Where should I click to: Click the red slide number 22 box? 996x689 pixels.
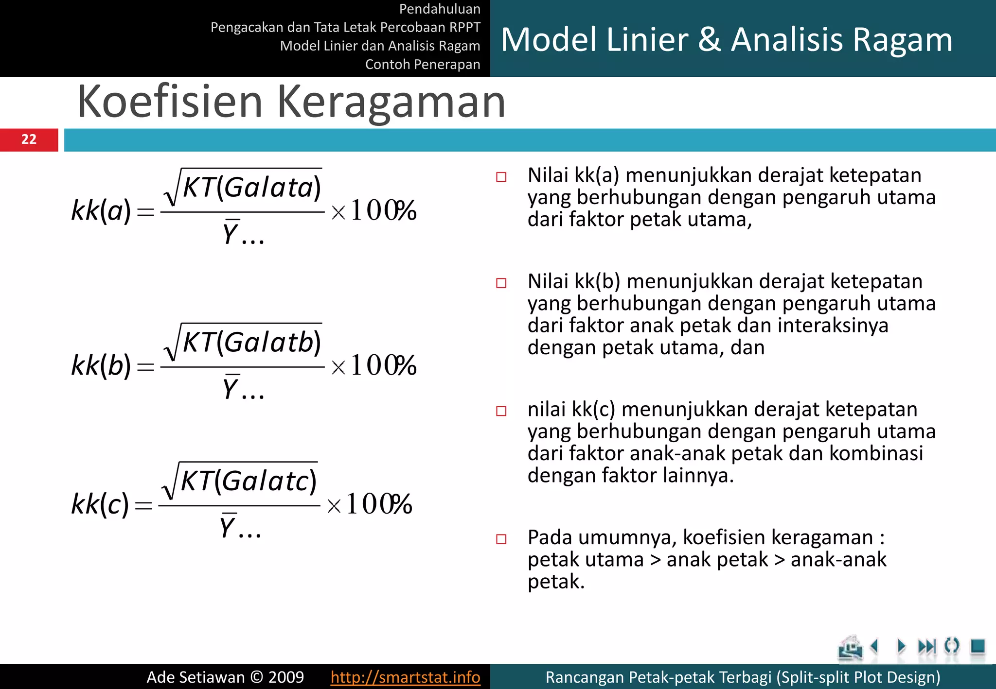[29, 140]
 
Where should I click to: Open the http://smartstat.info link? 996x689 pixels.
[405, 677]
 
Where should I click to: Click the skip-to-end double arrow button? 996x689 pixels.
[926, 646]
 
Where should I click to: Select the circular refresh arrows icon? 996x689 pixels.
[951, 646]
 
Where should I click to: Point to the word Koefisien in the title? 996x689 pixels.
[170, 102]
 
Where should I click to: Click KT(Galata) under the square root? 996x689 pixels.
[251, 188]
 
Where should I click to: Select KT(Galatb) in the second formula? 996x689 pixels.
[251, 342]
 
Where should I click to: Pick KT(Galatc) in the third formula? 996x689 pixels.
[249, 481]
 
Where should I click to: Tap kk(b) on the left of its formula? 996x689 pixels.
[101, 365]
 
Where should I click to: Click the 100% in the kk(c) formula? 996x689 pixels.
[379, 504]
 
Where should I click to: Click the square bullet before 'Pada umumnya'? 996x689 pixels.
[501, 539]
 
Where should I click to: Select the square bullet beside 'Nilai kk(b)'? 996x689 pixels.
[501, 283]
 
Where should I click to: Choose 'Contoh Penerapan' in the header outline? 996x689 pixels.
[422, 64]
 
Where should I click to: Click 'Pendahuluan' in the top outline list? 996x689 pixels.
[439, 9]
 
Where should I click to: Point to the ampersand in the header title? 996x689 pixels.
[710, 40]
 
